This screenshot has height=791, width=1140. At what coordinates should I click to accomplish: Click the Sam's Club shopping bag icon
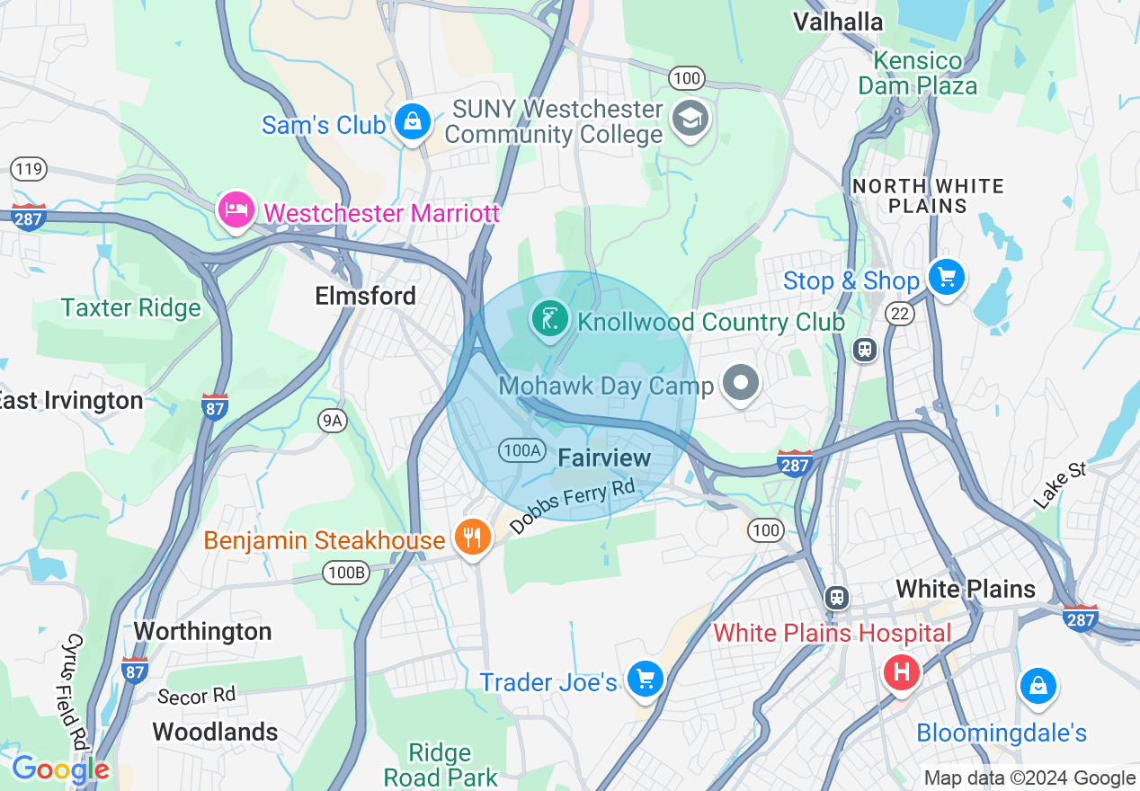(412, 122)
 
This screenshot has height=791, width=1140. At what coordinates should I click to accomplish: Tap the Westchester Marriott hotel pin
(235, 210)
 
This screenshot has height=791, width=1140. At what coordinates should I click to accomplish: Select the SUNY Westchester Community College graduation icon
(691, 119)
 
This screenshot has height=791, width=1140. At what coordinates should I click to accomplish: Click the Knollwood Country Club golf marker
(549, 319)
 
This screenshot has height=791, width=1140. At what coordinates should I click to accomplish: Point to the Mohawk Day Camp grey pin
(741, 383)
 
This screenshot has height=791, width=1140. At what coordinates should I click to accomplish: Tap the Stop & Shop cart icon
(946, 277)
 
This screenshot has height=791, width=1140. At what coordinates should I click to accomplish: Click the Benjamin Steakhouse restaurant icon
(472, 538)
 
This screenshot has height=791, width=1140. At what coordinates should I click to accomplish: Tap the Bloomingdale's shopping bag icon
(1038, 686)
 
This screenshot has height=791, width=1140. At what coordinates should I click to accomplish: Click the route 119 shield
(29, 168)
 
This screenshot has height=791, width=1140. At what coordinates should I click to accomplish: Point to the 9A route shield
(333, 420)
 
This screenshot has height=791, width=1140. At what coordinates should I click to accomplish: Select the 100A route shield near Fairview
(521, 450)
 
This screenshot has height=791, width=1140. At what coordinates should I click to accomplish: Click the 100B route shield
(347, 572)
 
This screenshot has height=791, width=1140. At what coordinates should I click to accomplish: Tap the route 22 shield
(899, 313)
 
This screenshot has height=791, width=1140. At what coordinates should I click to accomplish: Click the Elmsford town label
(365, 296)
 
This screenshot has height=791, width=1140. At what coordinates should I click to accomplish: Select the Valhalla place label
(837, 22)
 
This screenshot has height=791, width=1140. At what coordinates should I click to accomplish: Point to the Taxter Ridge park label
(131, 308)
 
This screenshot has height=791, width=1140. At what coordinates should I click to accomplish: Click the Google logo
(59, 769)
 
